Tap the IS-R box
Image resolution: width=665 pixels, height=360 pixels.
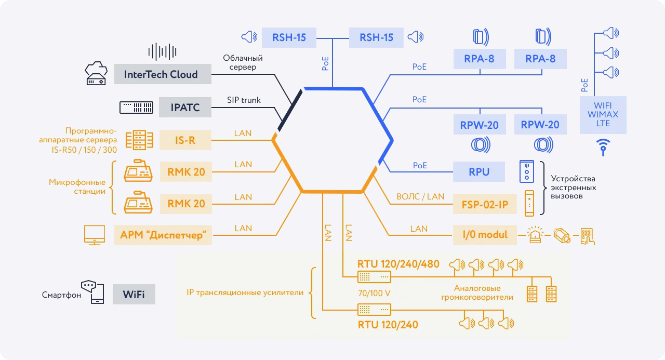point(185,140)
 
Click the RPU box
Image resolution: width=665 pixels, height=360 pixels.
point(479,171)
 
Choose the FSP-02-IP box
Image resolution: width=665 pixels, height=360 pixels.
point(485,204)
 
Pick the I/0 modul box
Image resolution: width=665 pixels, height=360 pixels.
point(485,235)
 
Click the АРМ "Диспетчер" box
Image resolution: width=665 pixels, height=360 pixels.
point(163,235)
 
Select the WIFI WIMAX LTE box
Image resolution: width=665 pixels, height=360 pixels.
point(603,115)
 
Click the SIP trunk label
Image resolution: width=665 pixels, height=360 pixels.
point(244,100)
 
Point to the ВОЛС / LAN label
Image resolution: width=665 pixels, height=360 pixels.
point(420,196)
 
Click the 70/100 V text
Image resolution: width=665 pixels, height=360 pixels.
point(374,293)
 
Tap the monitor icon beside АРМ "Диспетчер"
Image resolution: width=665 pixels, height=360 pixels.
point(94,235)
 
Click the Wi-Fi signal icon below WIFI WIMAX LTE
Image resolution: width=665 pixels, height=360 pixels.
point(603,146)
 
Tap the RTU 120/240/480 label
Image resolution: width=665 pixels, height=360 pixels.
point(398,264)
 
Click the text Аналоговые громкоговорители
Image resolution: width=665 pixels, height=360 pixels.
point(477,292)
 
